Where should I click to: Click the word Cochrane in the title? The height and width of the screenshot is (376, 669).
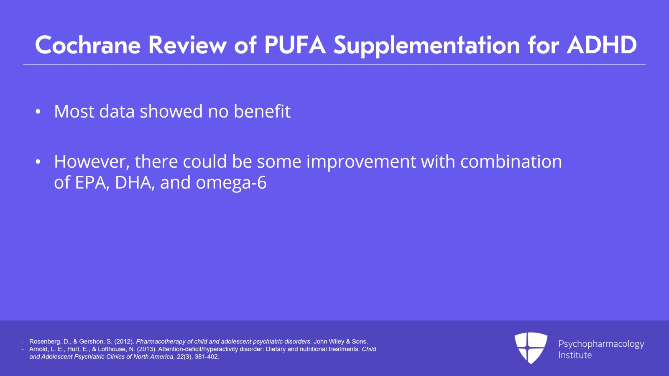(x=88, y=45)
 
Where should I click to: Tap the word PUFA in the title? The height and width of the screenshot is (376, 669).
(x=295, y=45)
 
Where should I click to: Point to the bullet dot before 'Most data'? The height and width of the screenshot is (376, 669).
(x=38, y=112)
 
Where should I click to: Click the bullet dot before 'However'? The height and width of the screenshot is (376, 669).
(x=38, y=162)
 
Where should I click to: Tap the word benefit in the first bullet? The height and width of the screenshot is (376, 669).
(x=262, y=112)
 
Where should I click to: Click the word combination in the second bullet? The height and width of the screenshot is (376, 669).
(x=511, y=162)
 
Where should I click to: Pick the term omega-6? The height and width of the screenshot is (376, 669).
(x=231, y=183)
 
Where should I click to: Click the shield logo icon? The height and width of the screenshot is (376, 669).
(x=531, y=348)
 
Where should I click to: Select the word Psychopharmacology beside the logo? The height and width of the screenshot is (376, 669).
(x=601, y=344)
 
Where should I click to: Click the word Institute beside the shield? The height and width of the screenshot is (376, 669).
(x=575, y=355)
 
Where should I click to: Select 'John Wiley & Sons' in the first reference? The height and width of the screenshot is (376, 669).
(x=340, y=342)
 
